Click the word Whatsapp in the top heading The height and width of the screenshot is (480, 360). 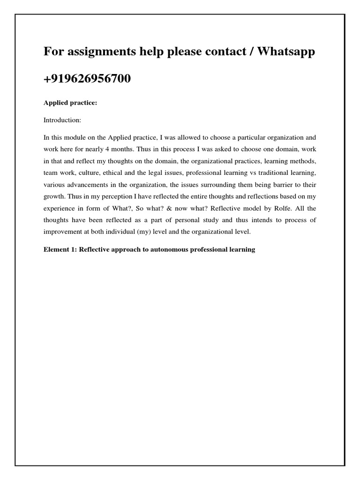284,52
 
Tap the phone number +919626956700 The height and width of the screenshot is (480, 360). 87,79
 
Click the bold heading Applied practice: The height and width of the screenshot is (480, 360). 70,103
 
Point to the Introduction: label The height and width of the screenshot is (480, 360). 62,120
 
